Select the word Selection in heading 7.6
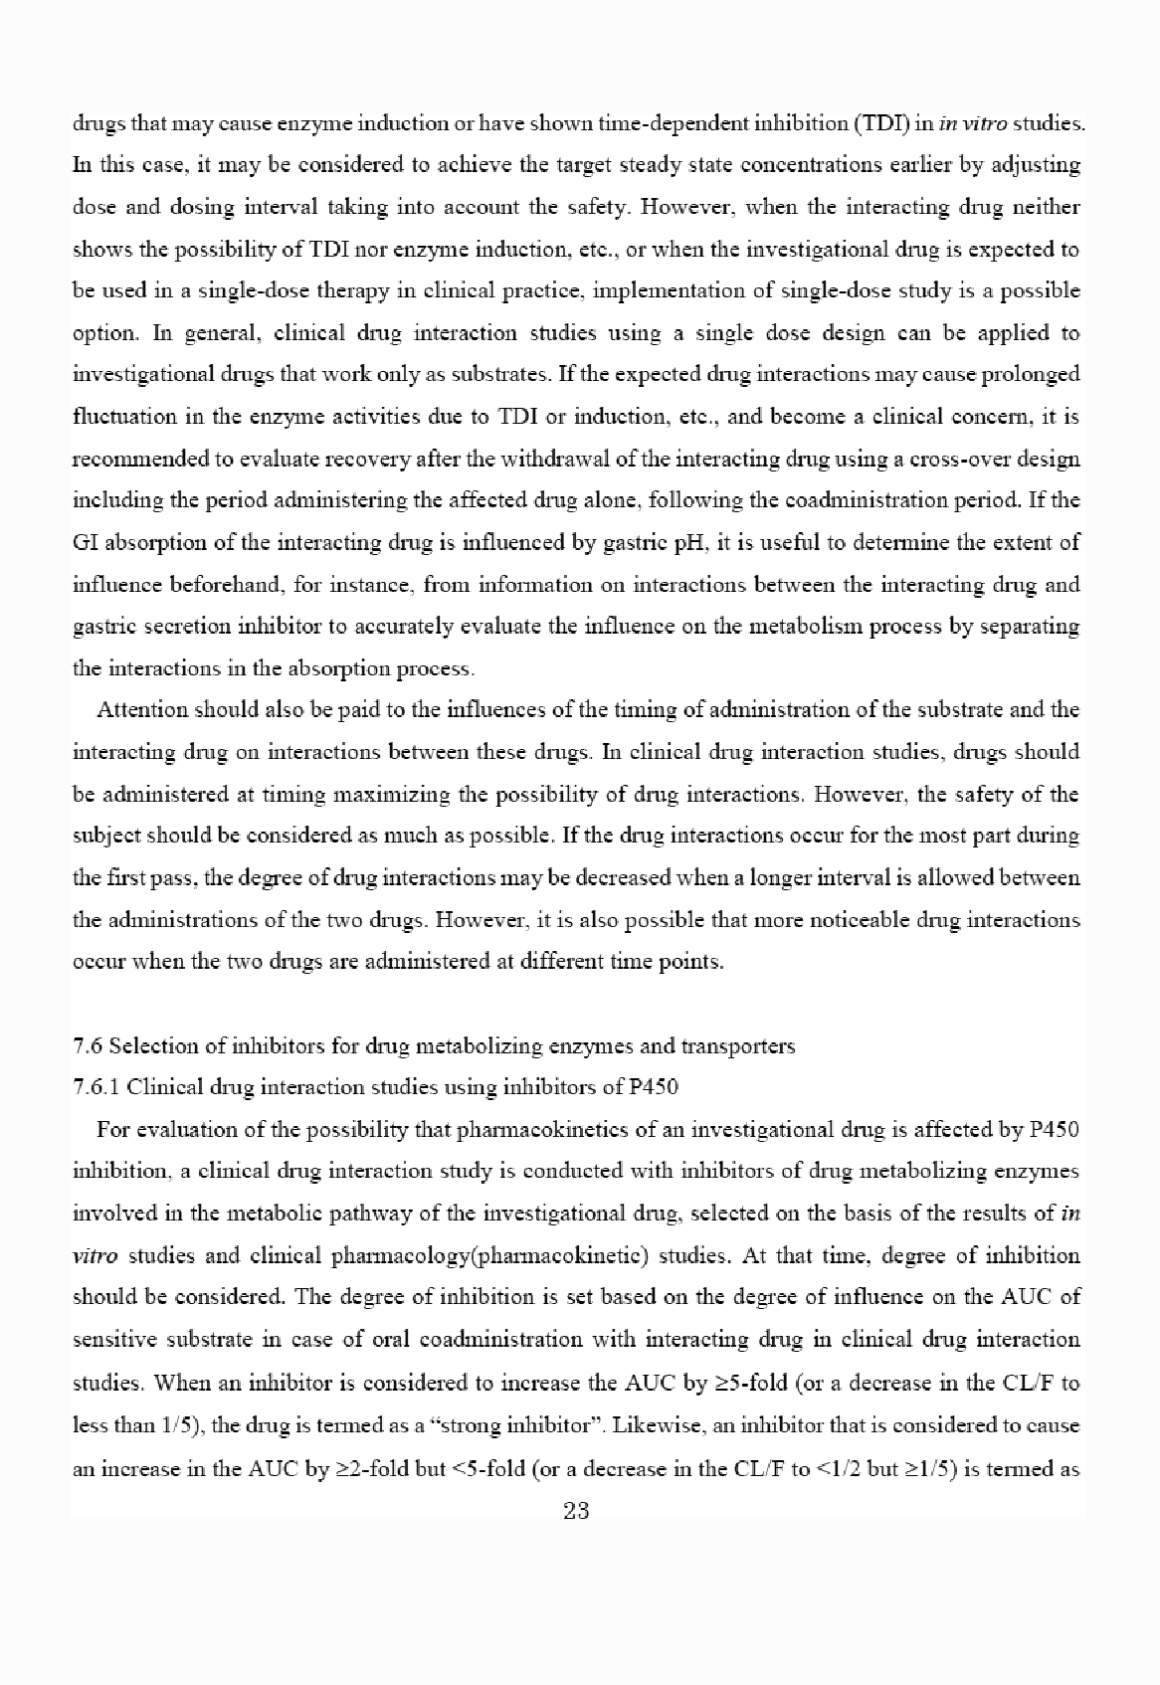(x=145, y=1046)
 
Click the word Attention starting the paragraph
(x=142, y=710)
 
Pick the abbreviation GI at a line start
(x=84, y=543)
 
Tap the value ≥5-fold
(x=764, y=1384)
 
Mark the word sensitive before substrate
(x=112, y=1340)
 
